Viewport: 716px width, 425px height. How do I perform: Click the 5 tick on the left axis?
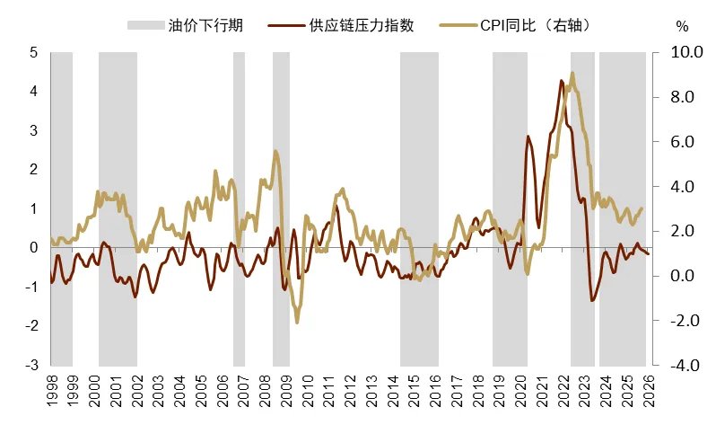click(x=33, y=53)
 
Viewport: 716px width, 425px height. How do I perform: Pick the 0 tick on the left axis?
click(x=33, y=248)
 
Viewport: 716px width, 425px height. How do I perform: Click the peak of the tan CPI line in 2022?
click(x=572, y=73)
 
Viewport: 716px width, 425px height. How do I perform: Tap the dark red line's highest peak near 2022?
click(x=561, y=81)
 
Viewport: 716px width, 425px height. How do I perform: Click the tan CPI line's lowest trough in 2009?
click(x=296, y=322)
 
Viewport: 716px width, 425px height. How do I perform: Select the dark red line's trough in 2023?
click(x=592, y=300)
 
